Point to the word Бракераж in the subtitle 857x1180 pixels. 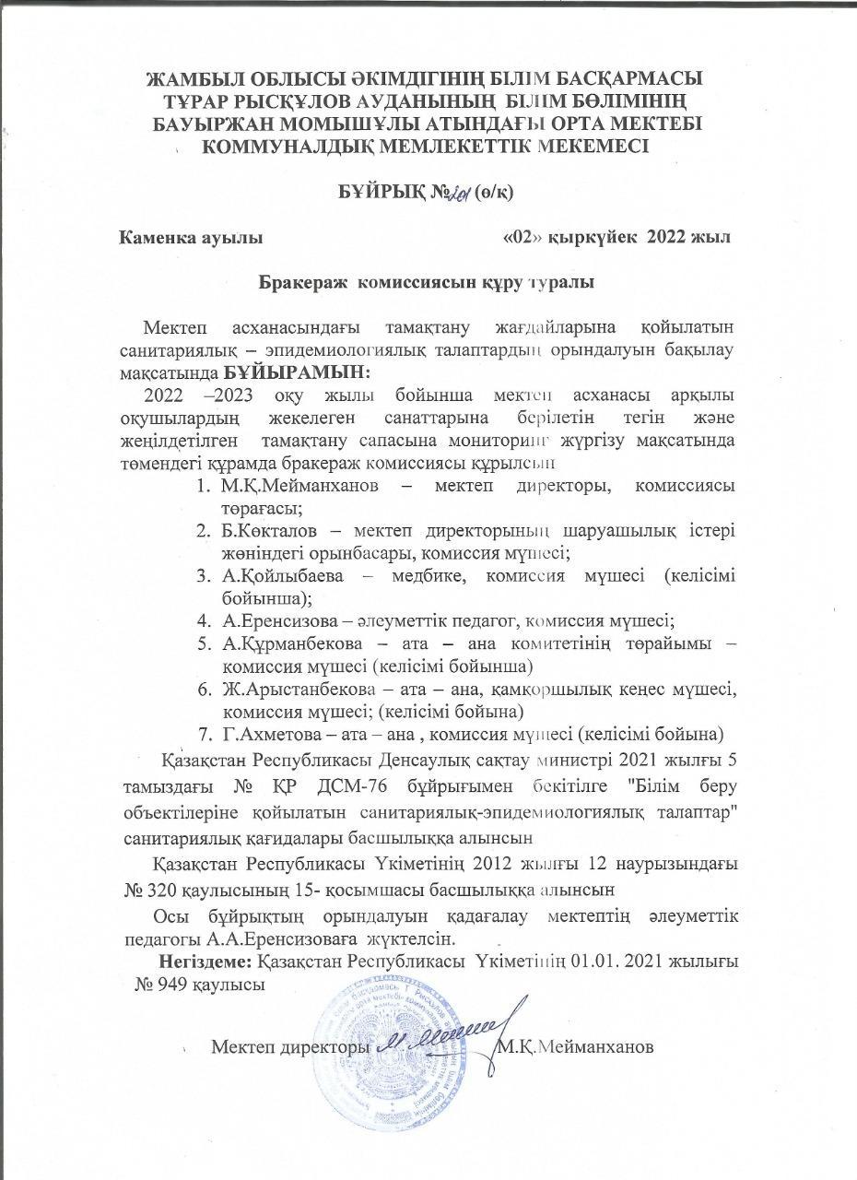297,283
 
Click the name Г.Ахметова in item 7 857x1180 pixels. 266,734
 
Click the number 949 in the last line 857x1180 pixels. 181,985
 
